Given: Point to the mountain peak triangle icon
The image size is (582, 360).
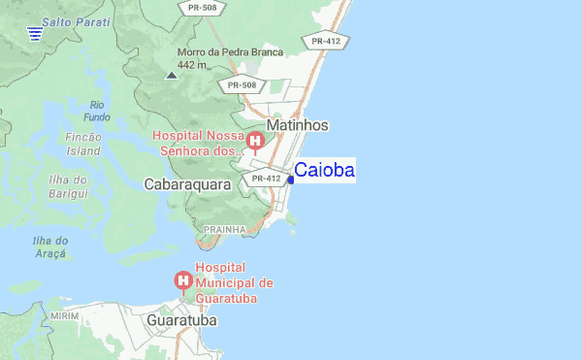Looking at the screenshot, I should (x=172, y=75).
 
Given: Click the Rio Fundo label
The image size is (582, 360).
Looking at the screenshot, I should (x=97, y=111).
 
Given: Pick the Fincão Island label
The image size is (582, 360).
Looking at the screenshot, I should (x=83, y=145).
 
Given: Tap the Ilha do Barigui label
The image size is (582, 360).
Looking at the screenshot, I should (x=68, y=186).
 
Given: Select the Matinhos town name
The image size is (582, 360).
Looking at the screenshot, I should (x=298, y=126).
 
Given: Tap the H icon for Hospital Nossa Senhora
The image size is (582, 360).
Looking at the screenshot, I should (x=255, y=144).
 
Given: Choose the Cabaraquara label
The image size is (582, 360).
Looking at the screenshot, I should (x=186, y=183).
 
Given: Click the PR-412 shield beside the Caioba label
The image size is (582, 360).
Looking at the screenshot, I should (x=266, y=179).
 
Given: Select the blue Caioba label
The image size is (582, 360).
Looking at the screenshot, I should (x=324, y=171).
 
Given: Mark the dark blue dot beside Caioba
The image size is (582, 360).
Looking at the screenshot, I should (x=290, y=180).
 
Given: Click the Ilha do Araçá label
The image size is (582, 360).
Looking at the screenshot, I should (x=49, y=246).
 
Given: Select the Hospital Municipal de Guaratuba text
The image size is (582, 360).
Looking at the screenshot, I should (x=235, y=282).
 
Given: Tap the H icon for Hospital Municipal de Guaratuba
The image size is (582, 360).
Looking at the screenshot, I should (x=182, y=281).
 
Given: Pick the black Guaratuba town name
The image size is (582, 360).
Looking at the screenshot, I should (x=182, y=319).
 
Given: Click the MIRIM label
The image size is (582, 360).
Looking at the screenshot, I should (x=64, y=316).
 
